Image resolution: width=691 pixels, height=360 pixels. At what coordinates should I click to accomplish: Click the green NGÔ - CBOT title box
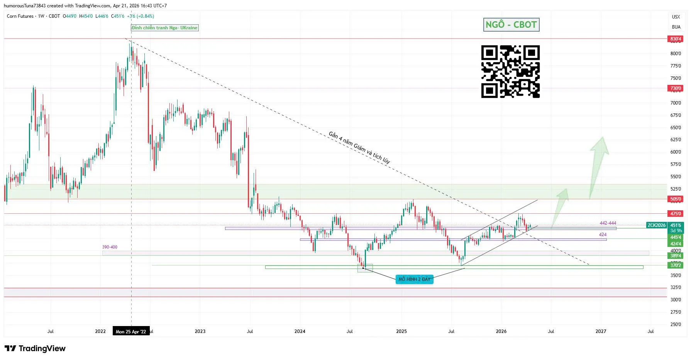tap(511, 25)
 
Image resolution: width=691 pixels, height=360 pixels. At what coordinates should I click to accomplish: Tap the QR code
tap(510, 71)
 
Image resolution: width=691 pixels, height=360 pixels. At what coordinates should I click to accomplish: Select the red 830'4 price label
tap(676, 39)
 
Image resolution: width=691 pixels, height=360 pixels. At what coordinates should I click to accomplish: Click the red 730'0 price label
tap(676, 88)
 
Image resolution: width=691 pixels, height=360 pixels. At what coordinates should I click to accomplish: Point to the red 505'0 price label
tap(676, 199)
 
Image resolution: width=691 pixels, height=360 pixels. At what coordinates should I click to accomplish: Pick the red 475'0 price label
tap(676, 213)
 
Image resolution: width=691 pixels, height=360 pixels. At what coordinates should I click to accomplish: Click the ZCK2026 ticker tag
tap(656, 225)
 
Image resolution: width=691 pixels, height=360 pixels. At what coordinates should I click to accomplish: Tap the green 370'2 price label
tap(676, 265)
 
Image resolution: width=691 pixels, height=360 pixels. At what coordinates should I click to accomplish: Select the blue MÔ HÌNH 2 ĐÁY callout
tap(414, 279)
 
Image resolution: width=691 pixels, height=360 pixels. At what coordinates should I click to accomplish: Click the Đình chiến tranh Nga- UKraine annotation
tap(165, 28)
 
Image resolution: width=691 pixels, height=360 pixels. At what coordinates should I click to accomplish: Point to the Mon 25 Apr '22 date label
tap(131, 331)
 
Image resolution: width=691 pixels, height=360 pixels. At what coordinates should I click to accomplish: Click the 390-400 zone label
tap(110, 247)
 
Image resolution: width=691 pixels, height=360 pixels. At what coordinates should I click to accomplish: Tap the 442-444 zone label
tap(608, 223)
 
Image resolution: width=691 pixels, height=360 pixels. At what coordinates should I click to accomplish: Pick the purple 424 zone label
tap(602, 235)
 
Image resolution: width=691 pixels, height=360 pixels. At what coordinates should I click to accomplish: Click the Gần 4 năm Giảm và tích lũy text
tap(359, 147)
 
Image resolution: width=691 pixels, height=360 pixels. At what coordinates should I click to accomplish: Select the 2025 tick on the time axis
tap(401, 331)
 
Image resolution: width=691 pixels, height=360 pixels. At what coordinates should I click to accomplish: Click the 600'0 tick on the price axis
tap(676, 152)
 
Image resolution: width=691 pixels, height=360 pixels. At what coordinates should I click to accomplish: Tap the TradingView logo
tap(35, 348)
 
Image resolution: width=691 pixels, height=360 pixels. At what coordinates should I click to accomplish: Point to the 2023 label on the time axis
tap(200, 331)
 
